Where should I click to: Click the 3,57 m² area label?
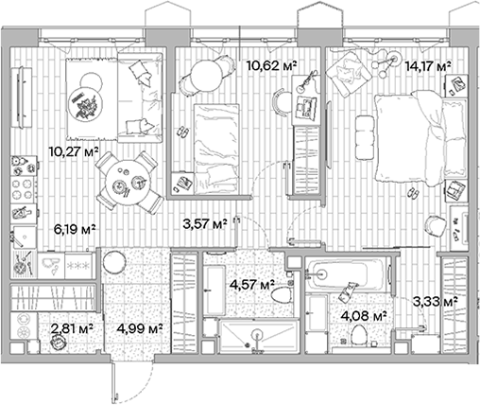tap(204, 224)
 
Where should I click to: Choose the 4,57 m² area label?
tap(253, 283)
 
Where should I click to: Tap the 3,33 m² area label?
tap(435, 302)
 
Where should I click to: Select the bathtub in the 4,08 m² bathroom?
tap(347, 276)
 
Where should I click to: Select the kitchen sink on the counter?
tap(22, 236)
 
